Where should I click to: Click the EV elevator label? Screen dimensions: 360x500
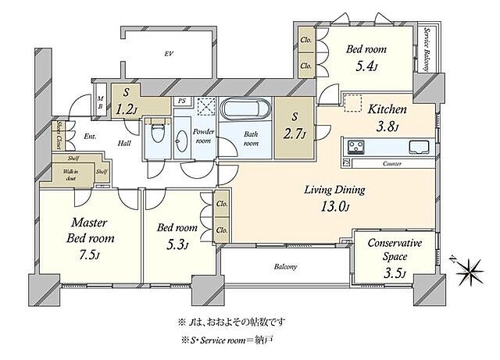(x=167, y=55)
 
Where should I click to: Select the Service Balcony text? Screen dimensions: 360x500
(x=427, y=50)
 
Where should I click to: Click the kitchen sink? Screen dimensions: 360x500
(x=415, y=146)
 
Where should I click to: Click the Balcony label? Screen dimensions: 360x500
(x=285, y=267)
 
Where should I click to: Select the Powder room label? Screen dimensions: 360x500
(x=203, y=137)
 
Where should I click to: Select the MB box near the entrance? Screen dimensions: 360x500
(x=100, y=102)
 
